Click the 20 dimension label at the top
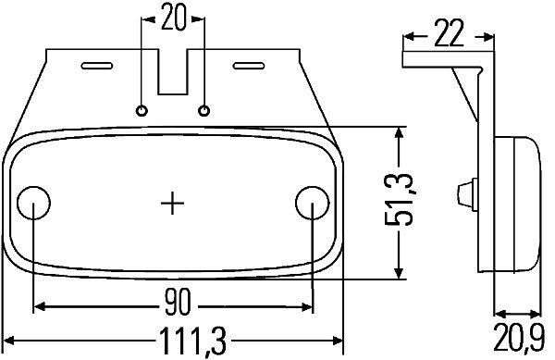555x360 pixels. click(x=173, y=17)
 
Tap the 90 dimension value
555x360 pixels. click(x=173, y=303)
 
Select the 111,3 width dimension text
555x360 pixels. click(x=173, y=344)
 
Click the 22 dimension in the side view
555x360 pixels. click(x=448, y=37)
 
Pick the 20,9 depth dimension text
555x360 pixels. click(x=519, y=342)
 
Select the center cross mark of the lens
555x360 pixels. click(x=173, y=202)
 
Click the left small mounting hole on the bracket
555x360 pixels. click(x=142, y=111)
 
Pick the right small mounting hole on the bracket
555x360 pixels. click(x=204, y=111)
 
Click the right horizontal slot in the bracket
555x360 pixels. click(x=249, y=66)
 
